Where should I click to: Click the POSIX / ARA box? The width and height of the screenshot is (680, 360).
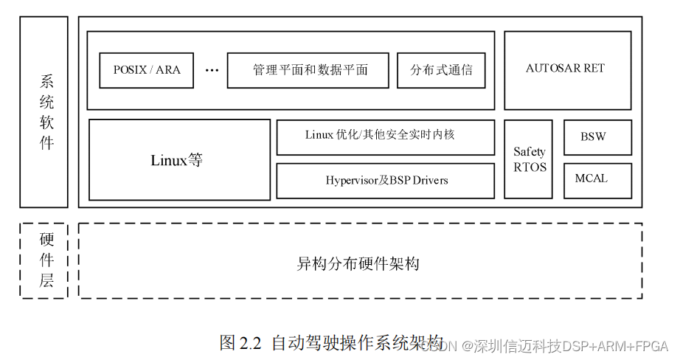click(147, 71)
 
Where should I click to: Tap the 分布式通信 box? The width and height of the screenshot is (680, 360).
click(441, 71)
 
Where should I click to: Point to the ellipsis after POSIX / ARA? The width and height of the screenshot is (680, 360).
click(212, 71)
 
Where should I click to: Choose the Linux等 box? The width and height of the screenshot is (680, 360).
click(179, 160)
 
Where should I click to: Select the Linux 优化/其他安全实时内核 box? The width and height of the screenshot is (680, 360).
click(385, 137)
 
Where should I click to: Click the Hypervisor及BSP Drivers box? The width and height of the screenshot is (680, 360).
click(385, 181)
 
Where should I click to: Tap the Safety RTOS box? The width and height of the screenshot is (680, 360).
click(530, 160)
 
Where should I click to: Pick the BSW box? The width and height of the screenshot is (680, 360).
click(597, 137)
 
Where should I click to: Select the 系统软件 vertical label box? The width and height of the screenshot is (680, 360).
click(44, 112)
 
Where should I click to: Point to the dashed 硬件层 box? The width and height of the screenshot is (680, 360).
click(44, 260)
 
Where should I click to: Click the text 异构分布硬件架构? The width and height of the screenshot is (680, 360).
click(359, 263)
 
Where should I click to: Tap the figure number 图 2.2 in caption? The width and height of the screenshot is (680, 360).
click(241, 344)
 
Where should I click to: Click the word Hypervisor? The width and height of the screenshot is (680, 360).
click(353, 181)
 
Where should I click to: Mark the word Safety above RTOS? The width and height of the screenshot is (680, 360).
click(530, 152)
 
